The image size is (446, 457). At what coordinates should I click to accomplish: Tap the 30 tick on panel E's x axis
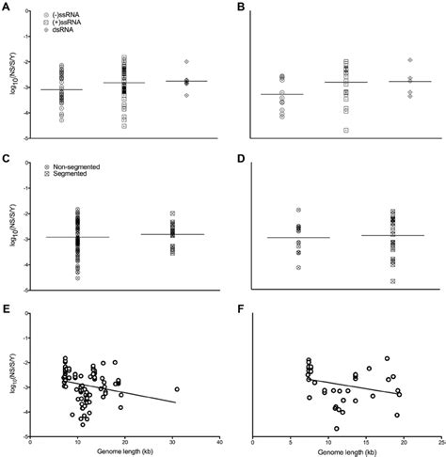[172, 443]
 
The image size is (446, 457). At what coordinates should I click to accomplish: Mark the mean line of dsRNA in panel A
[186, 82]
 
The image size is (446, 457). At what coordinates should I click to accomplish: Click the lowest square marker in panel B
[345, 130]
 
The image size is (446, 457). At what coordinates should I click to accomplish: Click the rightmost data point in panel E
[176, 388]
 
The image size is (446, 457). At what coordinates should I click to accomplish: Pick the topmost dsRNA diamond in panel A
[186, 61]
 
